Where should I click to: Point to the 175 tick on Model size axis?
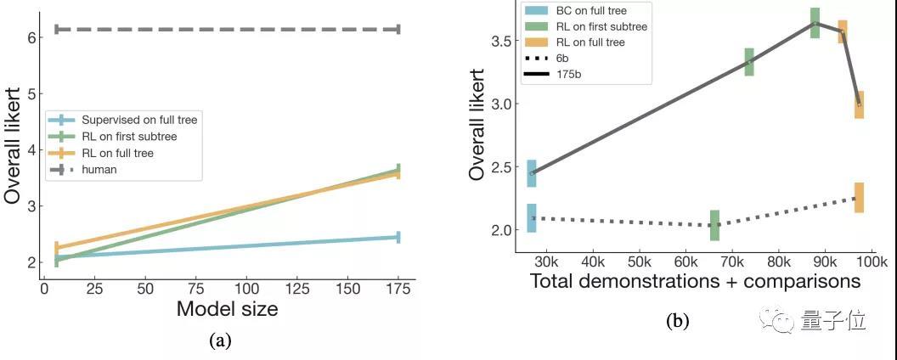[398, 289]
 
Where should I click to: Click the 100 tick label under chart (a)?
[246, 289]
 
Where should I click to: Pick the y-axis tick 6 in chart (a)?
[30, 37]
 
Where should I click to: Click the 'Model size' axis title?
[227, 309]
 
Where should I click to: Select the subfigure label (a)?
[219, 341]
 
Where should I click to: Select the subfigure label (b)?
[678, 321]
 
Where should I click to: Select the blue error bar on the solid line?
[532, 173]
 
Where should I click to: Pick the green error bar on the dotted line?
[714, 225]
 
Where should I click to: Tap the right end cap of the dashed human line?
[398, 29]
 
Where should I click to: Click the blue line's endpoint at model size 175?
[398, 237]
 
